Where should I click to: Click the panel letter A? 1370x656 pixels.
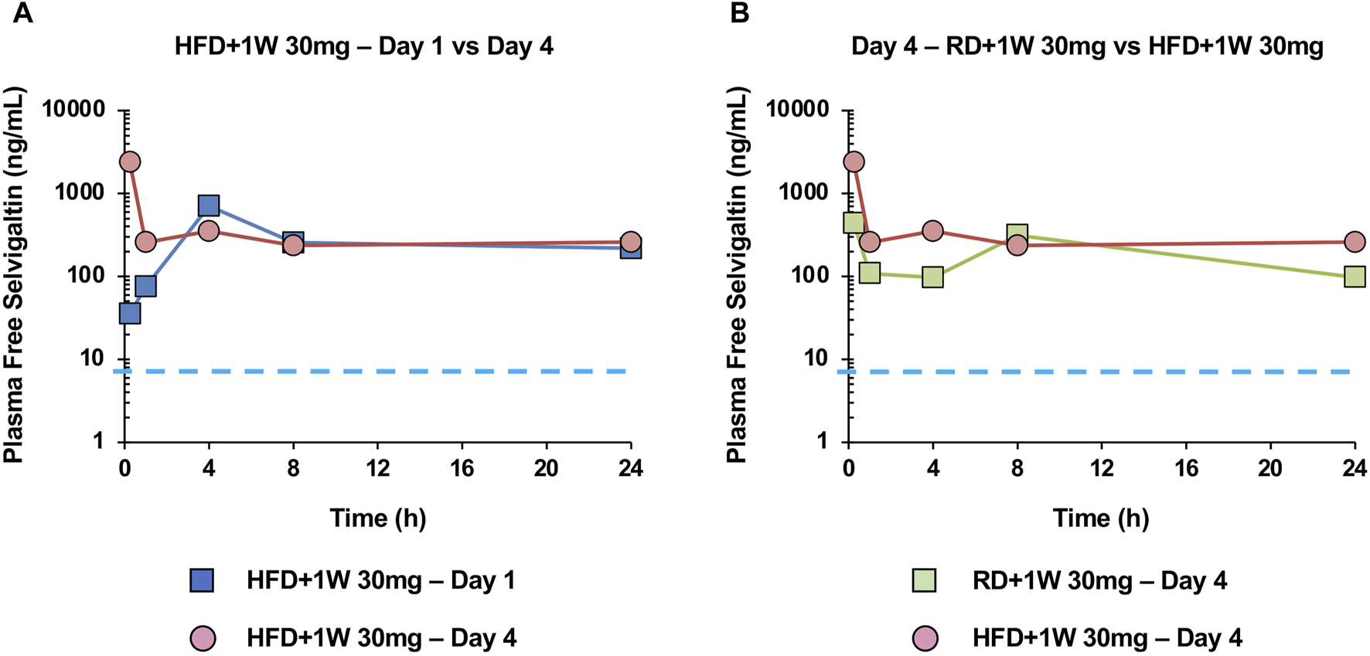click(22, 13)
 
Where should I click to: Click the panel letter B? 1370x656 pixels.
click(739, 13)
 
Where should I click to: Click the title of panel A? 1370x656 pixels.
click(363, 46)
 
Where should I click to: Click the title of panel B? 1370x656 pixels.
click(1087, 46)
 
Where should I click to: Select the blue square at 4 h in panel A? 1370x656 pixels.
click(208, 206)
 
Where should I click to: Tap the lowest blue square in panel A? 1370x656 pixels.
click(130, 313)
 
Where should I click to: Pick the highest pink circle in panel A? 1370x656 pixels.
click(130, 161)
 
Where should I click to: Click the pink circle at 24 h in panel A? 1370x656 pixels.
click(631, 242)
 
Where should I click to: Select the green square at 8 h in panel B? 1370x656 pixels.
click(1017, 235)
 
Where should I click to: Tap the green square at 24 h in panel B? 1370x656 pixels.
click(1355, 276)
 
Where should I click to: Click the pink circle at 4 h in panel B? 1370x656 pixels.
click(932, 230)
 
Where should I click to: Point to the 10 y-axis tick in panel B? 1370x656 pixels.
click(815, 359)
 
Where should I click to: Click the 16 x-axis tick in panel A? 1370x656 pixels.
click(462, 468)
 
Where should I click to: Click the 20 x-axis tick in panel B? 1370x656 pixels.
click(1270, 468)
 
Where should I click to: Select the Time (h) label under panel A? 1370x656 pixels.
click(377, 517)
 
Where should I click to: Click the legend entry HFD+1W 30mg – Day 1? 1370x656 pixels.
click(380, 580)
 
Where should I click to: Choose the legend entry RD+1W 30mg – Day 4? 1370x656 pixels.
click(1099, 580)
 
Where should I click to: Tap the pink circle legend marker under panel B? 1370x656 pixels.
click(925, 638)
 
